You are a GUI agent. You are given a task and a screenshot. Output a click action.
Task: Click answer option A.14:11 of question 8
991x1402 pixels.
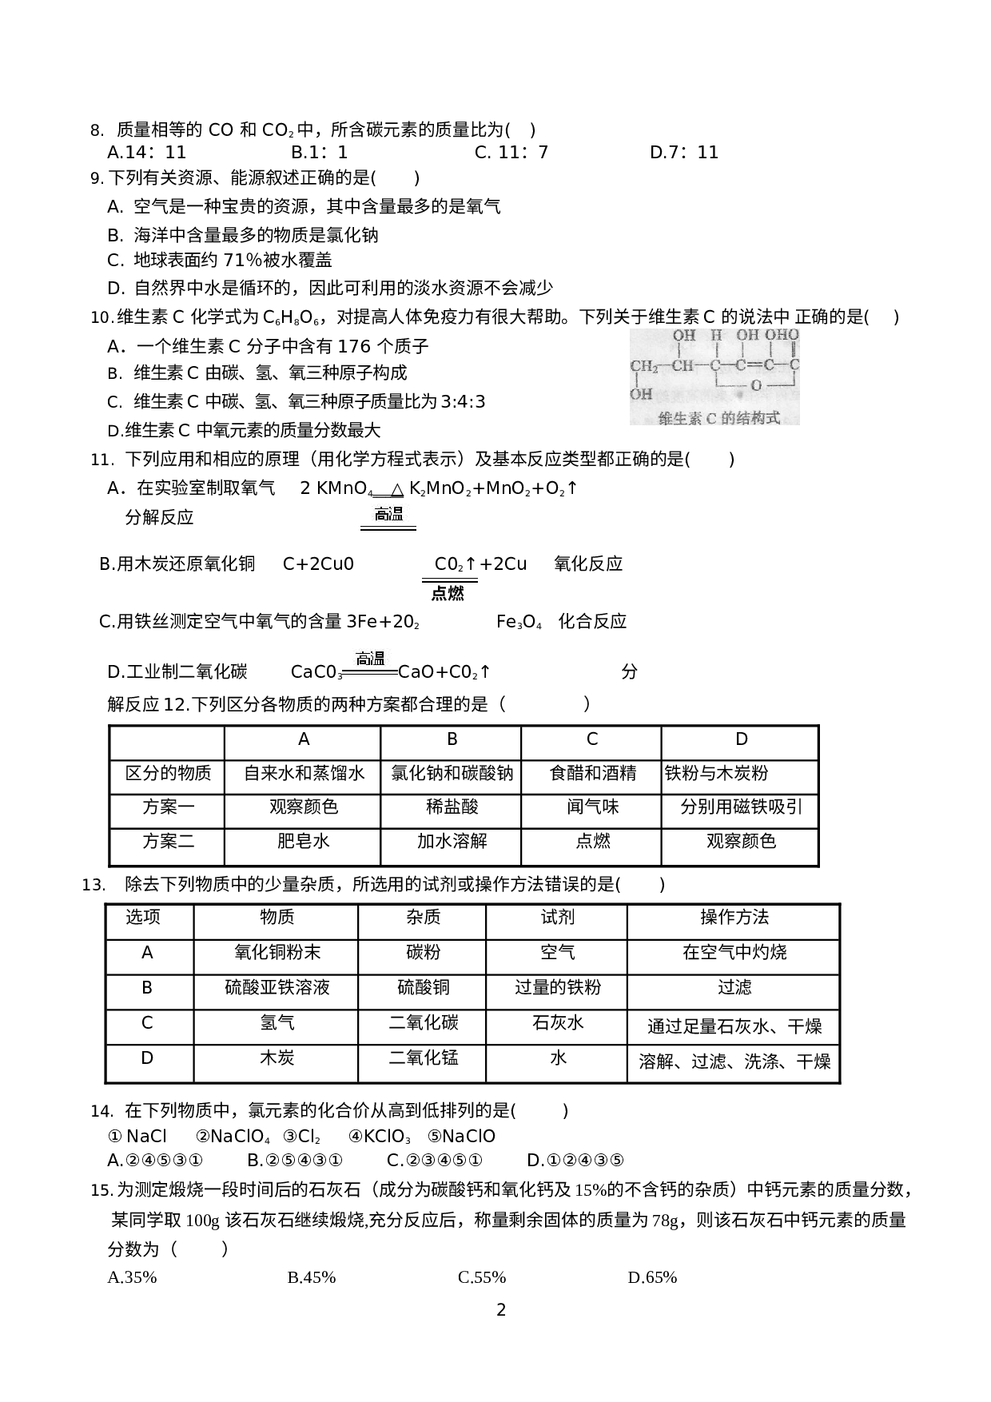tap(146, 153)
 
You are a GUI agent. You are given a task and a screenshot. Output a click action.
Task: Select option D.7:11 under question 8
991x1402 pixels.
tap(684, 153)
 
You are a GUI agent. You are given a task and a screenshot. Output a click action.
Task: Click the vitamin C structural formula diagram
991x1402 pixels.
tap(714, 366)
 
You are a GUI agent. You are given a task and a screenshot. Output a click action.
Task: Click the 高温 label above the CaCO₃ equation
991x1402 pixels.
tap(370, 659)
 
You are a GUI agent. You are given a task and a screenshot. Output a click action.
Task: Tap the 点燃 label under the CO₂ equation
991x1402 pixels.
tap(448, 594)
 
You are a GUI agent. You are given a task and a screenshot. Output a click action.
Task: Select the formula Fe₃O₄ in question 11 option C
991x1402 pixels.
tap(519, 622)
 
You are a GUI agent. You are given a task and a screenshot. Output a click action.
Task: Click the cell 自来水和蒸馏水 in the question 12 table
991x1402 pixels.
tap(304, 774)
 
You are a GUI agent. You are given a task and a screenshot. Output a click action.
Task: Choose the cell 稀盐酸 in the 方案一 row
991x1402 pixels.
tap(452, 807)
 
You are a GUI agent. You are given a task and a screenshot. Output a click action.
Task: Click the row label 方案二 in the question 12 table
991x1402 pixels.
tap(168, 841)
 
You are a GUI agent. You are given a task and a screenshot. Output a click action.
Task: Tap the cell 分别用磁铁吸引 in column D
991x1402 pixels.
tap(741, 807)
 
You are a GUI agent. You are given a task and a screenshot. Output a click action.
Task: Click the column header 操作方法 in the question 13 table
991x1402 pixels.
tap(734, 918)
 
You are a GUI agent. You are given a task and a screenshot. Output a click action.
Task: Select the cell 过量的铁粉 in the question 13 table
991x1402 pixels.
tap(557, 988)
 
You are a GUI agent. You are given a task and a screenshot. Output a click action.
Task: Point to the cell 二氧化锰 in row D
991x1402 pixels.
tap(423, 1058)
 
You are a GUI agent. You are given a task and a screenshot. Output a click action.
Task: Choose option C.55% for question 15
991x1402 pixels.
tap(482, 1277)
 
